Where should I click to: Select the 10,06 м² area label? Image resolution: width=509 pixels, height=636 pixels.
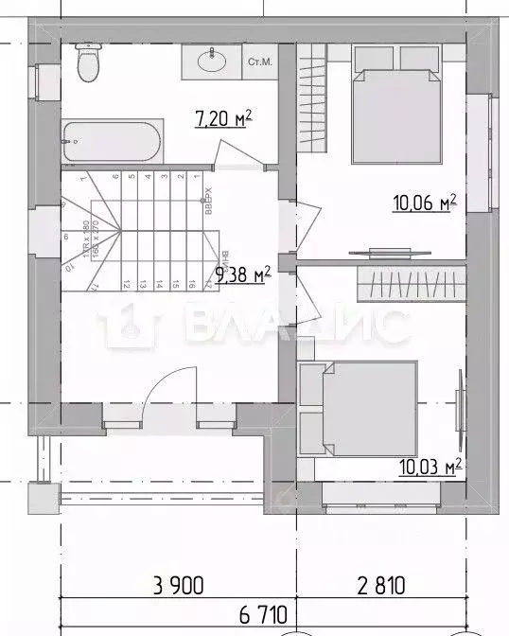pyautogui.click(x=425, y=202)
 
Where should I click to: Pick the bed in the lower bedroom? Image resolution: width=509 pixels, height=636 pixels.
pyautogui.click(x=357, y=405)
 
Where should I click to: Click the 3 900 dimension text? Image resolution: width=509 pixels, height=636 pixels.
pyautogui.click(x=177, y=585)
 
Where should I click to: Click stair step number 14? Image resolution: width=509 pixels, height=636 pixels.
pyautogui.click(x=156, y=282)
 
